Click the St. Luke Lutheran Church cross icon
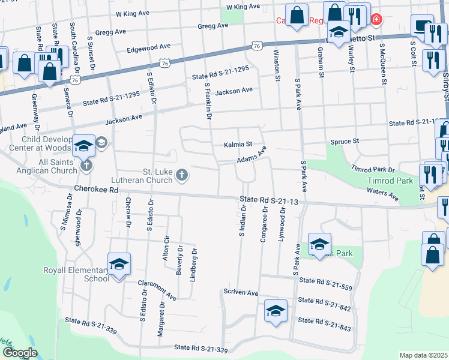tap(182, 175)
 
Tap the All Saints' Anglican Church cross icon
tap(86, 165)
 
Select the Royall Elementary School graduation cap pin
tap(119, 264)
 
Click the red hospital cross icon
tap(376, 20)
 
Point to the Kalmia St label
tap(237, 145)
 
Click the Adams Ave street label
tap(251, 157)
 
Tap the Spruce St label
tap(345, 142)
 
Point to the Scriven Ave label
tap(240, 293)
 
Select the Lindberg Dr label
tap(194, 263)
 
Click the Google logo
tap(20, 353)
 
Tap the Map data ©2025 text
tap(423, 355)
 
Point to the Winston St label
tap(277, 65)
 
